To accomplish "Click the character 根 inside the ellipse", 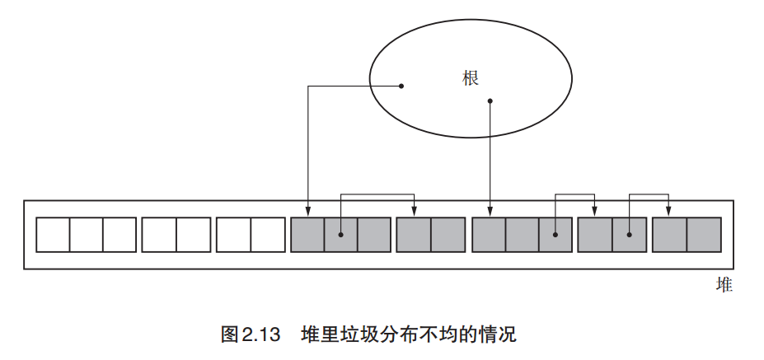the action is coord(471,77).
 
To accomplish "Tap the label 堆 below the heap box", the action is coord(724,285).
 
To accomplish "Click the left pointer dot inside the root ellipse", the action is coord(401,85).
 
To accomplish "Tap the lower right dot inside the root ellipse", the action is coord(490,102).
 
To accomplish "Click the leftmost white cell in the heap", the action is coord(52,235).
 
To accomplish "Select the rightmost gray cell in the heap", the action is coord(704,235).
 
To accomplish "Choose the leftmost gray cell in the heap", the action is coord(307,235).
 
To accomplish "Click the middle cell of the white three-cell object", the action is coord(86,235).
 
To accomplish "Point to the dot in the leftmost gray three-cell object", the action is coord(340,235).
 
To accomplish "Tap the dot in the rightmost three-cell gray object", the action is coord(555,235).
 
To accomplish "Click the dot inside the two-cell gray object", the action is coord(630,235).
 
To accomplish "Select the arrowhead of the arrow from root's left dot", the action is coord(307,213).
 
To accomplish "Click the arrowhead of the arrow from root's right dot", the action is coord(490,213).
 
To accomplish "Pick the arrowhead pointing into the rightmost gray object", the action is coord(668,213).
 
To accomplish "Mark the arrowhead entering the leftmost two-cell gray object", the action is coord(415,213).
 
